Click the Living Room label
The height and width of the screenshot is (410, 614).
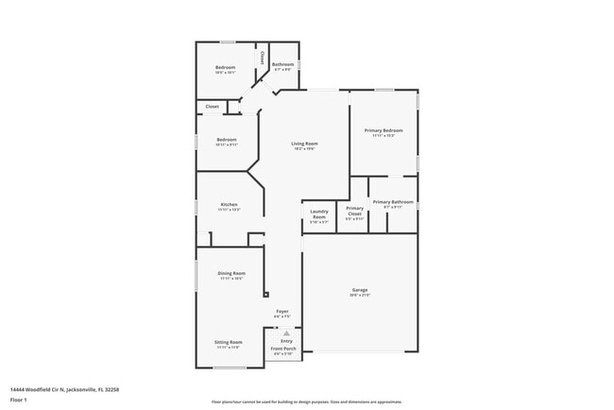click(x=303, y=144)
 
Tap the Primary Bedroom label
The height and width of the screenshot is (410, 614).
click(x=386, y=130)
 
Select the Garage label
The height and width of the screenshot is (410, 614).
click(x=360, y=291)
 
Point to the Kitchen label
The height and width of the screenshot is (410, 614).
click(x=229, y=205)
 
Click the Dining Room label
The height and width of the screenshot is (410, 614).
click(x=231, y=273)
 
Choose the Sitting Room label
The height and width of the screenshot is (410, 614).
click(x=229, y=342)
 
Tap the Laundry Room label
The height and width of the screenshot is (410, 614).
click(x=318, y=212)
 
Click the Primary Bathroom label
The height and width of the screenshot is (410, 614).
click(x=393, y=201)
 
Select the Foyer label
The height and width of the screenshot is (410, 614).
click(x=281, y=311)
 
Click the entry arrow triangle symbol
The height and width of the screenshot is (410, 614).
click(x=286, y=333)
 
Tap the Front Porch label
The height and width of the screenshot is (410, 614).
click(x=283, y=349)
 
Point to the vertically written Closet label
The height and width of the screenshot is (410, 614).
click(x=263, y=59)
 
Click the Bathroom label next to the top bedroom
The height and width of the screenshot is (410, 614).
click(x=284, y=64)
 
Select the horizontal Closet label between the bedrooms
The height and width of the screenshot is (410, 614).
click(x=213, y=107)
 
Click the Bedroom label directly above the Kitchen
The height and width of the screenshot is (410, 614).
click(x=226, y=140)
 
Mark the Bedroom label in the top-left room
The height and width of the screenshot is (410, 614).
click(x=225, y=67)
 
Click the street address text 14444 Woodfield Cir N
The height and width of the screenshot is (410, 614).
click(x=64, y=388)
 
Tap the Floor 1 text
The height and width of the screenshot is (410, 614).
click(x=18, y=400)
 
